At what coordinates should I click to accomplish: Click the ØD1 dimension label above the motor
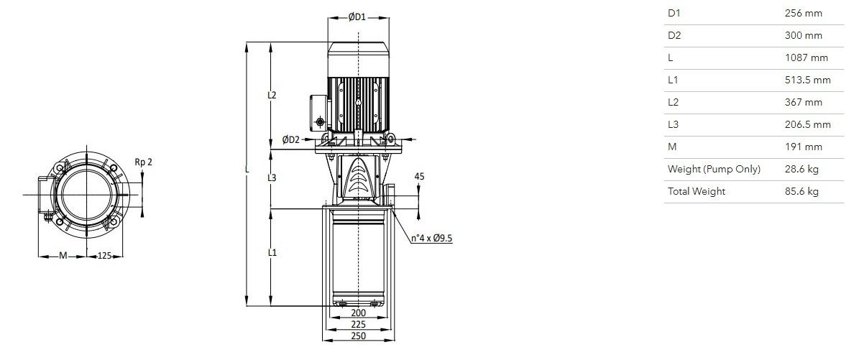[357, 17]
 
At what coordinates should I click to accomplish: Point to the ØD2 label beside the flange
[291, 139]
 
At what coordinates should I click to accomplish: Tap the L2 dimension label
[272, 95]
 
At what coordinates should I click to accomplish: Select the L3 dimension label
[272, 178]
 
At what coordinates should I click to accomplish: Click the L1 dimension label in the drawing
[272, 253]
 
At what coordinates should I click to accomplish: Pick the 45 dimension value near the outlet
[420, 177]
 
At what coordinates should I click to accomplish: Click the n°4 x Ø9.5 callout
[432, 239]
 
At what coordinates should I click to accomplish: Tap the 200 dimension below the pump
[358, 313]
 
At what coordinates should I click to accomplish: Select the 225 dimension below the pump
[358, 324]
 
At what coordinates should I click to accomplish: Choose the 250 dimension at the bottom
[358, 336]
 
